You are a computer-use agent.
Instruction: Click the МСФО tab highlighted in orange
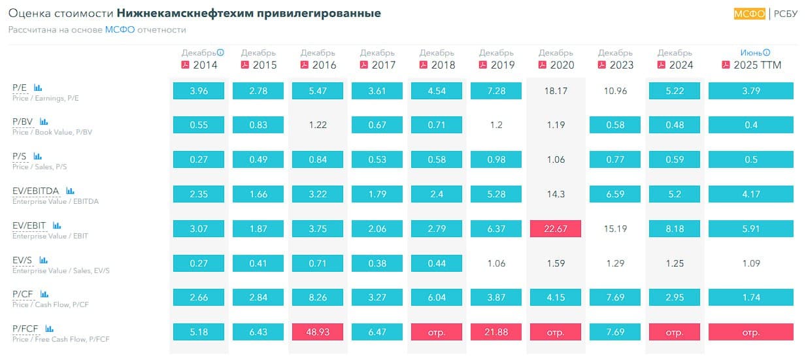[749, 14]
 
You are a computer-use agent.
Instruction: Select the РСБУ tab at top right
[785, 14]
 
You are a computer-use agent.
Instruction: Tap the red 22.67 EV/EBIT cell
[556, 229]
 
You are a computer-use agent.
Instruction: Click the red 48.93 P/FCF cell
[318, 332]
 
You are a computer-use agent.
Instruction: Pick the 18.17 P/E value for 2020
[556, 91]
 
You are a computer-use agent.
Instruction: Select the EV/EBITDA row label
[36, 191]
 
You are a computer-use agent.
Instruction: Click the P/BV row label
[24, 122]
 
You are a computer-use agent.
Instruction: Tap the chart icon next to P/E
[38, 87]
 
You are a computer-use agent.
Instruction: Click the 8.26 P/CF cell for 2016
[318, 297]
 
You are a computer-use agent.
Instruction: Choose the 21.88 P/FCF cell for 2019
[496, 332]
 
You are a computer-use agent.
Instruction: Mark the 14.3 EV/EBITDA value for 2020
[556, 194]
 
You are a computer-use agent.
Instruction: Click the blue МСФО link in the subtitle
[119, 30]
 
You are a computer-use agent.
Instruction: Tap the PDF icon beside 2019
[483, 65]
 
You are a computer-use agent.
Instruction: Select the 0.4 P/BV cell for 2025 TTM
[750, 125]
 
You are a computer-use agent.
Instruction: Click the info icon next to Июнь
[766, 53]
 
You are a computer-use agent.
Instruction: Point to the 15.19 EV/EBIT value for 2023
[615, 229]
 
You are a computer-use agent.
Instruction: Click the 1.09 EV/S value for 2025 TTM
[750, 263]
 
